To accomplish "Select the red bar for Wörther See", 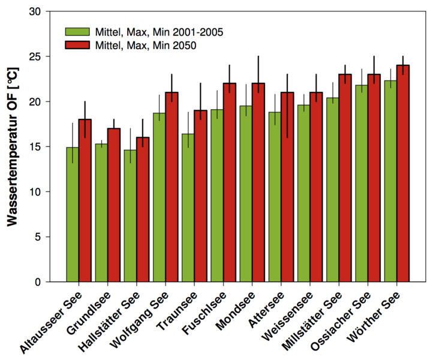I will tap(402, 173).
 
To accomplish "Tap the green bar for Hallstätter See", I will tap(130, 216).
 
